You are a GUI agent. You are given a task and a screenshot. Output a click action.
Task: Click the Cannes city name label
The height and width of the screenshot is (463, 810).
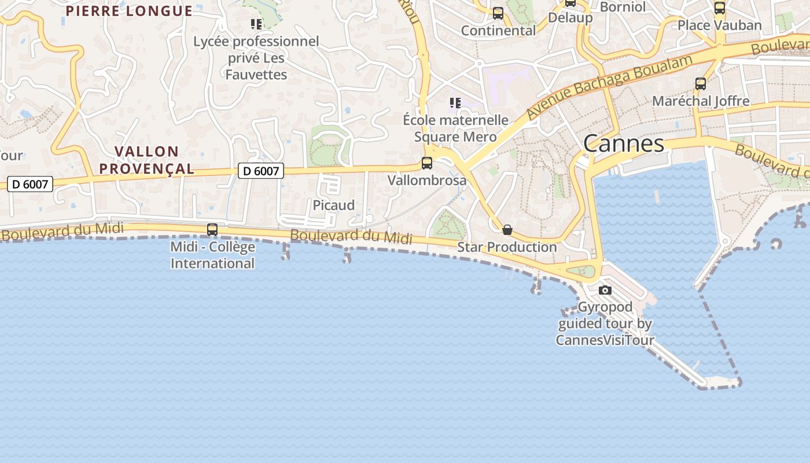pyautogui.click(x=623, y=144)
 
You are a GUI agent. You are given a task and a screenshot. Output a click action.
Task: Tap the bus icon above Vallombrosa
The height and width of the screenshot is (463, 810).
pyautogui.click(x=427, y=163)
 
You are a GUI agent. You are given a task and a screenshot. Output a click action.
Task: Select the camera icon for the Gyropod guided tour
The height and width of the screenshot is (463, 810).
pyautogui.click(x=605, y=290)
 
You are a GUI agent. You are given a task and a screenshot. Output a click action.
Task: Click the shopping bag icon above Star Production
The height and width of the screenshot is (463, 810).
pyautogui.click(x=507, y=230)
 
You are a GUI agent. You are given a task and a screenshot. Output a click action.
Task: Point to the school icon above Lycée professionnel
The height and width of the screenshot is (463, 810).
pyautogui.click(x=256, y=24)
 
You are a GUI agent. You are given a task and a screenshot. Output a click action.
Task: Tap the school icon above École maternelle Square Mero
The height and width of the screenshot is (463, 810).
pyautogui.click(x=455, y=103)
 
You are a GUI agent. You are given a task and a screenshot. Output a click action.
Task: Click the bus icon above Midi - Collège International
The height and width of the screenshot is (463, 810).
pyautogui.click(x=212, y=230)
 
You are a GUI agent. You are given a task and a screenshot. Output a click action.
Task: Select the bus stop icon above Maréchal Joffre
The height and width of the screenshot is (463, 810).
pyautogui.click(x=701, y=84)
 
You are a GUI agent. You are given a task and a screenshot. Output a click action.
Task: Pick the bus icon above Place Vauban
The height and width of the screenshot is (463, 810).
pyautogui.click(x=719, y=8)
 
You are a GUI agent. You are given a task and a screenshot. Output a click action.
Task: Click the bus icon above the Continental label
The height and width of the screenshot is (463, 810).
pyautogui.click(x=498, y=13)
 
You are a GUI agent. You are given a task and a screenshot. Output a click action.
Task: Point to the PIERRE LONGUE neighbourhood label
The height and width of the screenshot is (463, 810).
pyautogui.click(x=129, y=11)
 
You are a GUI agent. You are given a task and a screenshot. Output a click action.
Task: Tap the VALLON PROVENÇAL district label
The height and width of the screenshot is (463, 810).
pyautogui.click(x=146, y=160)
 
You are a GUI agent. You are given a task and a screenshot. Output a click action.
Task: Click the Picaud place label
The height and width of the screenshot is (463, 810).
pyautogui.click(x=334, y=205)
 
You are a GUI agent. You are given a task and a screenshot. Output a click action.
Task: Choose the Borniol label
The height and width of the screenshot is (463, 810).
pyautogui.click(x=623, y=7)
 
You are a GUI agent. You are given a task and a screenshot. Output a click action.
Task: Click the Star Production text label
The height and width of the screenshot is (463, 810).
pyautogui.click(x=507, y=247)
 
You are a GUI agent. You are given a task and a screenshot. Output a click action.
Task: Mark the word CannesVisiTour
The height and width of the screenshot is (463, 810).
pyautogui.click(x=605, y=340)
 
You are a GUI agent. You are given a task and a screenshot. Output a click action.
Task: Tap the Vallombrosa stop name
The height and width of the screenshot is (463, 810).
pyautogui.click(x=427, y=180)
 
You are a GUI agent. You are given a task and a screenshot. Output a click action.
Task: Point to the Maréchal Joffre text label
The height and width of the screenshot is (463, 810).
pyautogui.click(x=701, y=101)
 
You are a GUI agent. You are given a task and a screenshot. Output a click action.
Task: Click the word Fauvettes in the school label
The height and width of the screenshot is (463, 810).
pyautogui.click(x=256, y=75)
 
